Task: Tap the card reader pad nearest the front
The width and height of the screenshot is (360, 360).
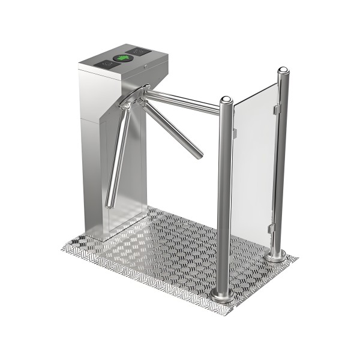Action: click(x=109, y=63)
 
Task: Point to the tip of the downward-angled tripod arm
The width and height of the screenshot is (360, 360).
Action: click(x=199, y=155)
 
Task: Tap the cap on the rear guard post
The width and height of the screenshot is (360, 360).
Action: click(x=283, y=72)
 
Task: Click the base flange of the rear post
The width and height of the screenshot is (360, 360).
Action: click(x=277, y=256)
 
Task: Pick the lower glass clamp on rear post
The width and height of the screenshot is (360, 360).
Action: click(x=272, y=230)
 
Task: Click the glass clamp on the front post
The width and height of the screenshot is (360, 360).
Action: click(x=233, y=108)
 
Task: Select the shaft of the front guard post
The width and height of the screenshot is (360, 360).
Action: click(x=224, y=198)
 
